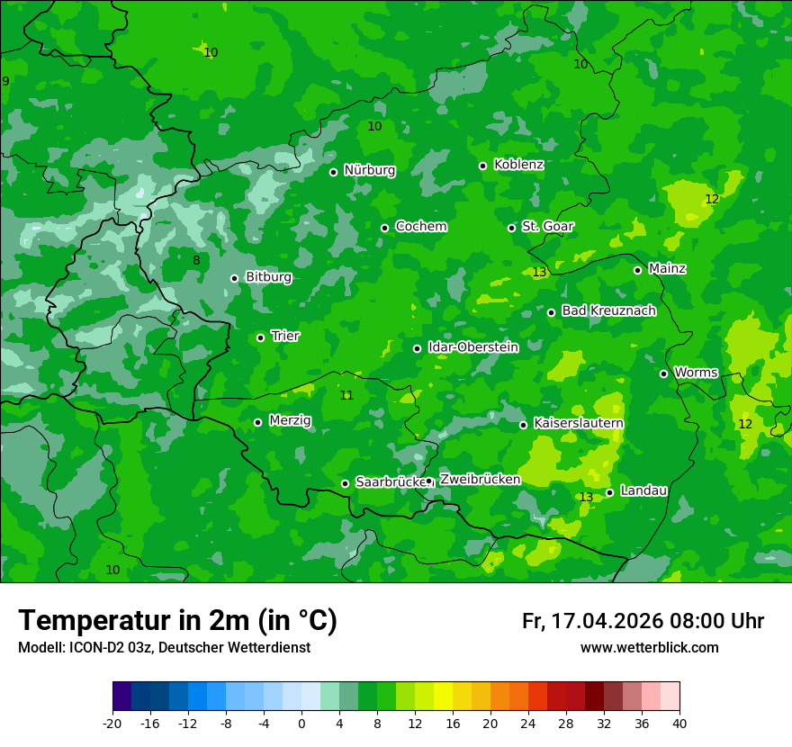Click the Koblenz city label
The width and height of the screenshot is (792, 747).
click(518, 165)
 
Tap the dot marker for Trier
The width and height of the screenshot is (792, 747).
click(261, 337)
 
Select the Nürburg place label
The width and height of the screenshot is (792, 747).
click(369, 170)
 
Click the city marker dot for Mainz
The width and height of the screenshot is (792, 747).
click(637, 270)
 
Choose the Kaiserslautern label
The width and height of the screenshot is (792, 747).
click(578, 423)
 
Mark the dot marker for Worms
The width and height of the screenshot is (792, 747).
click(664, 373)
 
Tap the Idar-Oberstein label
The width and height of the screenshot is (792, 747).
click(472, 347)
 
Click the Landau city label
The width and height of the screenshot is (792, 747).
click(643, 490)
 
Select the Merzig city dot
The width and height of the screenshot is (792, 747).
click(257, 422)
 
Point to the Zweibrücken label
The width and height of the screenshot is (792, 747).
click(480, 480)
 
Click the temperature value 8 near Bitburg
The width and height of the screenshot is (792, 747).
click(196, 261)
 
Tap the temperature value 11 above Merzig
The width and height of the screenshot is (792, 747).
click(346, 395)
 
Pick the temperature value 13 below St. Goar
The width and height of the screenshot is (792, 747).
click(539, 272)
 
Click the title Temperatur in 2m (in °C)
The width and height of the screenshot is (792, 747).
click(177, 620)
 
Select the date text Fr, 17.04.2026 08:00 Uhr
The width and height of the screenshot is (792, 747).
click(643, 621)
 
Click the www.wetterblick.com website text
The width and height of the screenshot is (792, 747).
click(649, 648)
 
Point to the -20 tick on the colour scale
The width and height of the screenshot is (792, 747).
click(112, 723)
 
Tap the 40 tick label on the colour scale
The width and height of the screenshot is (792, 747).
click(679, 723)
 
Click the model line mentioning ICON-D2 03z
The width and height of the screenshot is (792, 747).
click(164, 648)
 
